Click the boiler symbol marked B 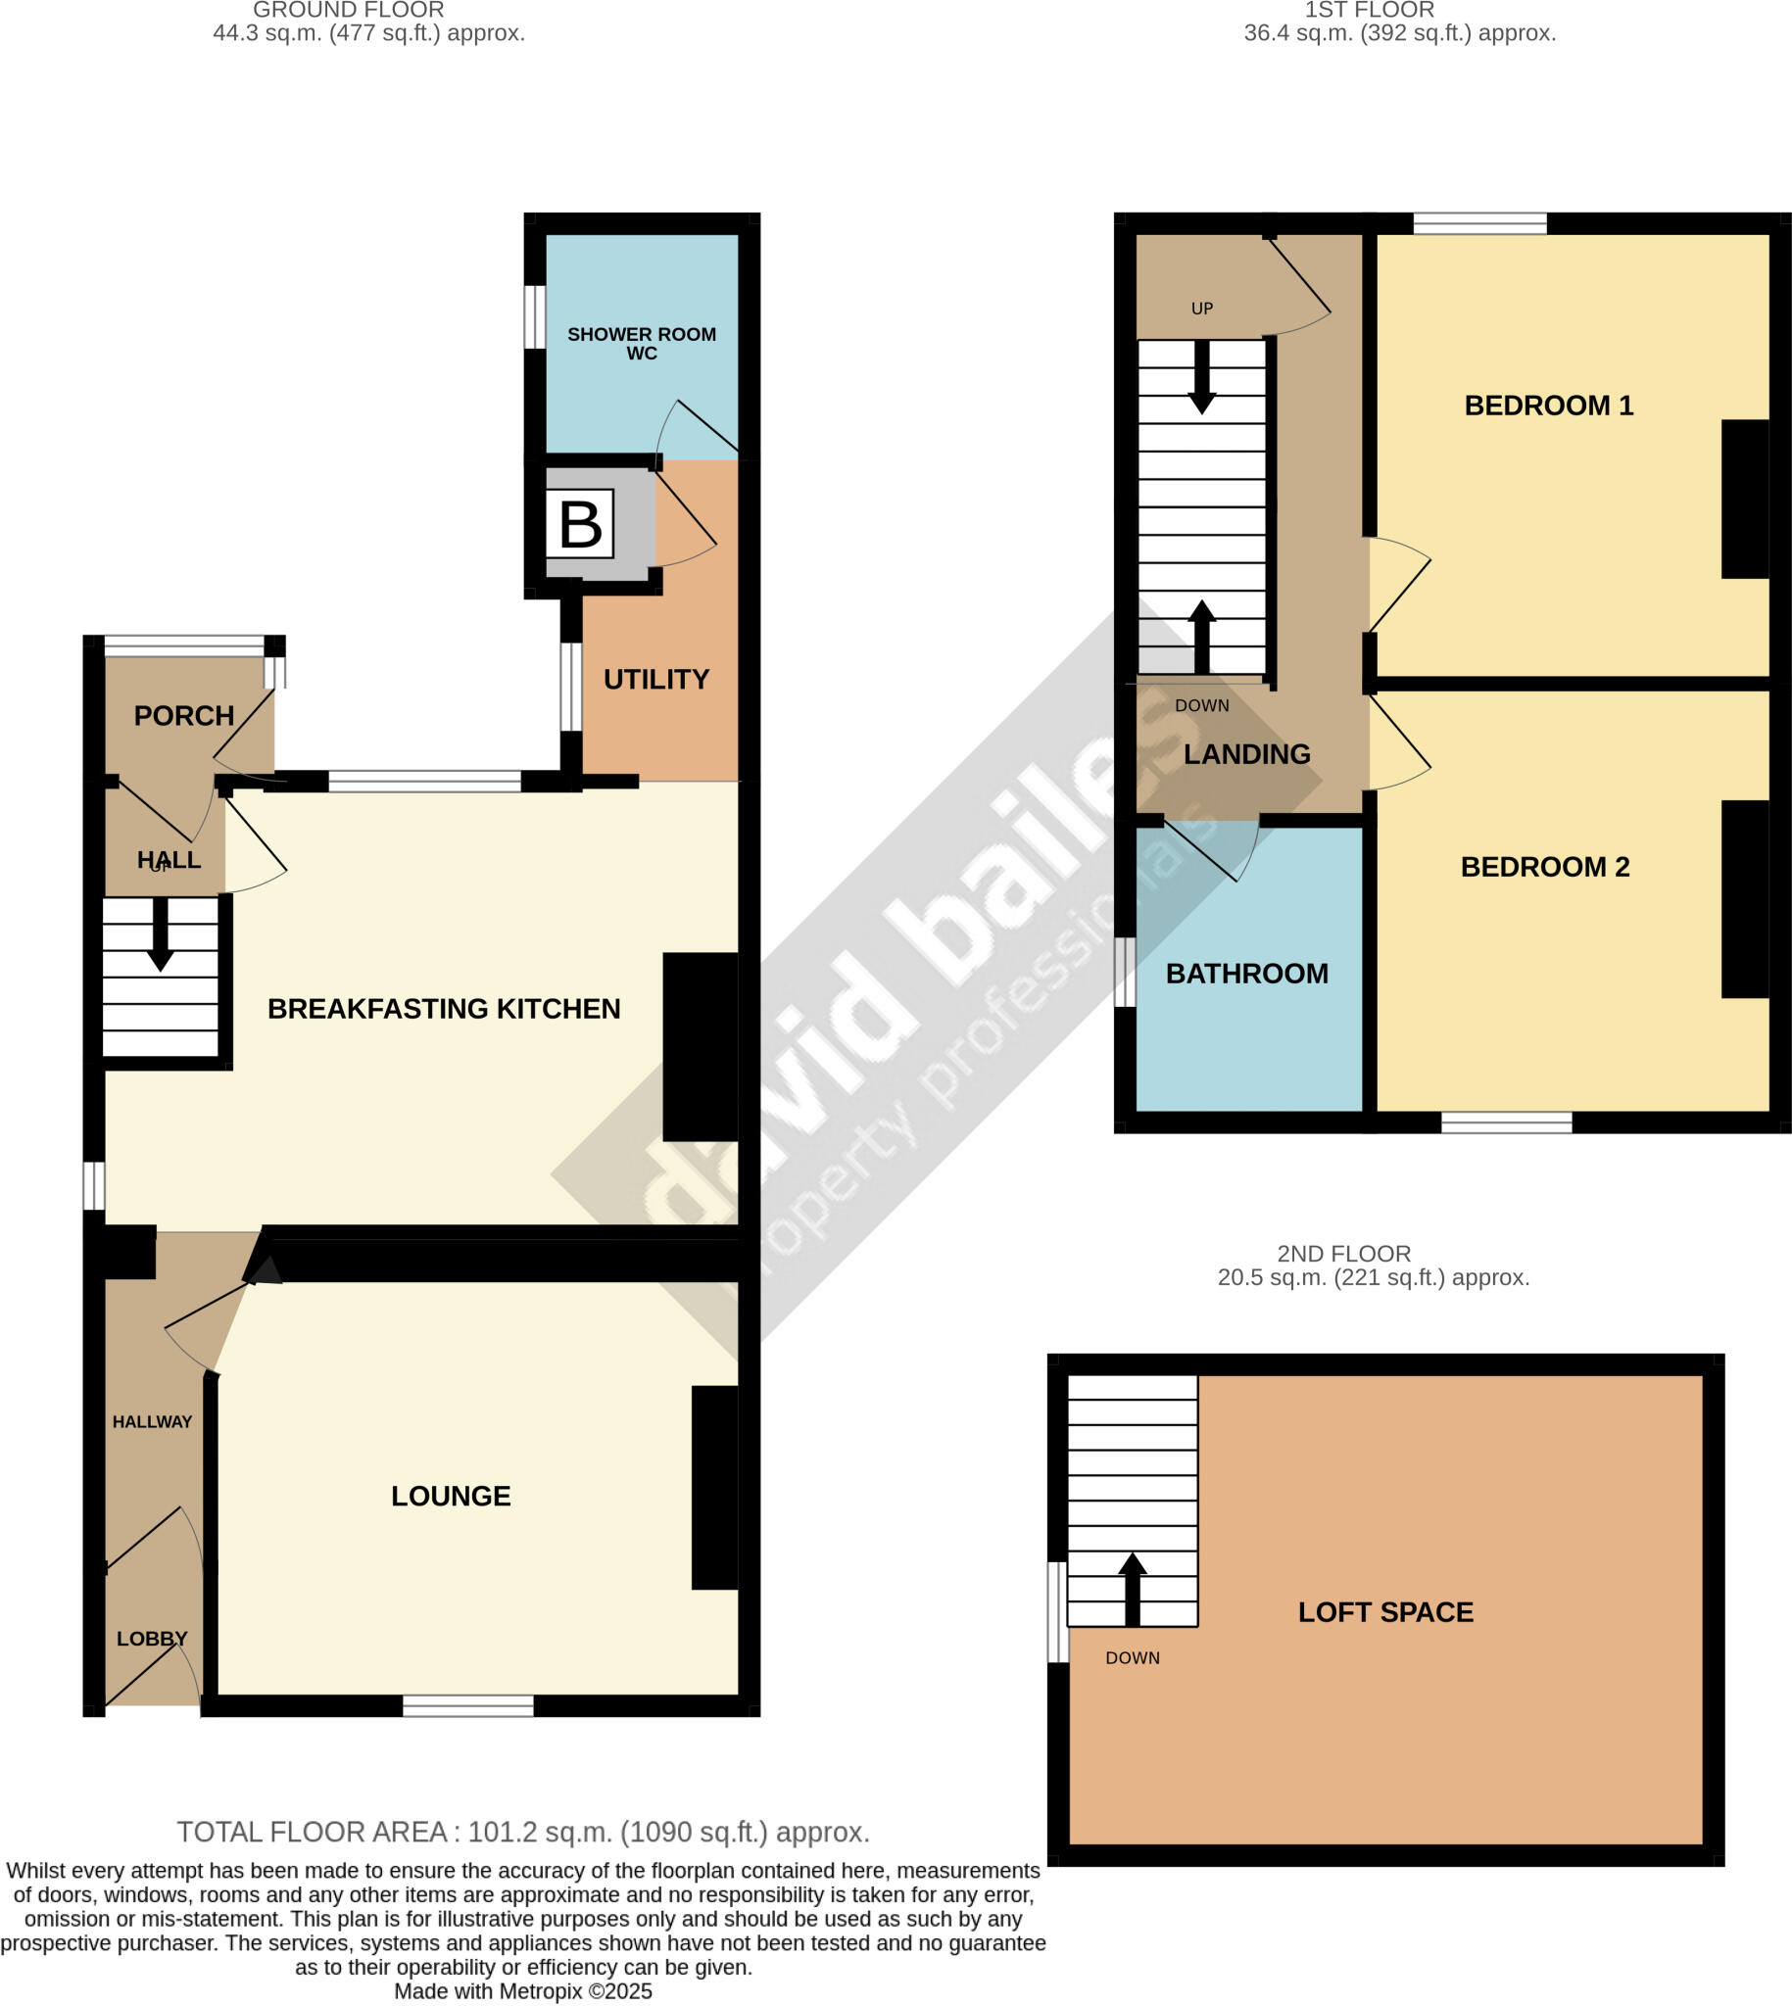579,525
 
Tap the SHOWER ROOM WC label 641,344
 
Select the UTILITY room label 655,679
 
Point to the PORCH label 184,716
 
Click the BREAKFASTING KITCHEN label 444,1009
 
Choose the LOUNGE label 451,1496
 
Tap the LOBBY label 152,1639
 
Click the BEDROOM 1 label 1549,406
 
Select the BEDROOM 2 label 1545,867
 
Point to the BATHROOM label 1246,974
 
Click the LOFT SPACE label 1385,1612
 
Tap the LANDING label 1246,754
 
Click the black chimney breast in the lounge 715,1487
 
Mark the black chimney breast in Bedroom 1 1745,499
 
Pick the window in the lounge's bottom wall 467,1706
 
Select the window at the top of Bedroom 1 1479,223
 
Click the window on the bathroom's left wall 1125,973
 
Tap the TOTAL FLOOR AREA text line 523,1832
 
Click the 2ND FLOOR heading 1343,1253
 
